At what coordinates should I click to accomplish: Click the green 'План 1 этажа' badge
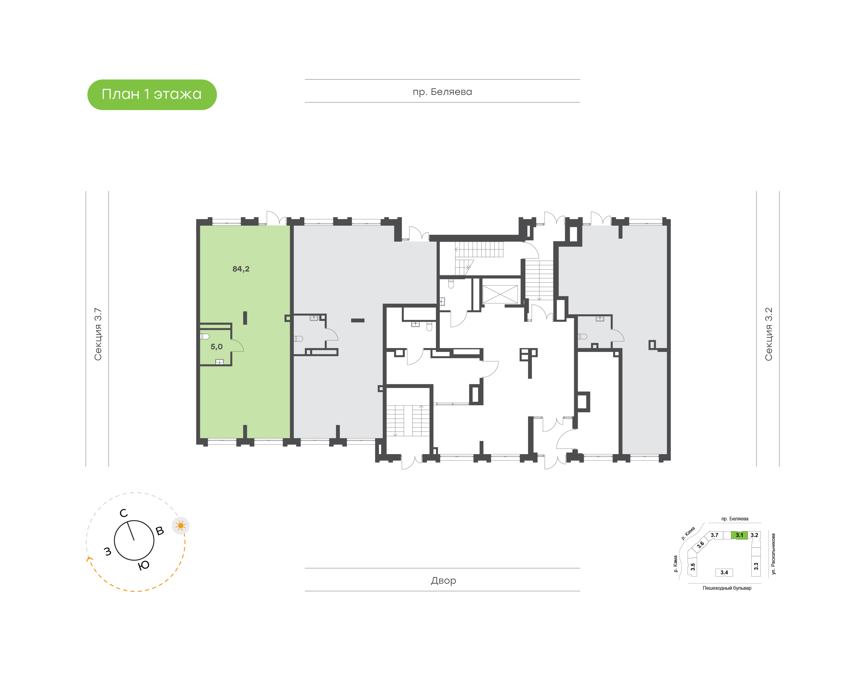pyautogui.click(x=152, y=95)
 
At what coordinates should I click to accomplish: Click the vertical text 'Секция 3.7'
pyautogui.click(x=98, y=334)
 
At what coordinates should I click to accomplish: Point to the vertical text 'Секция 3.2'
pyautogui.click(x=768, y=334)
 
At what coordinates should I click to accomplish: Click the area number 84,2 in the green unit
pyautogui.click(x=241, y=269)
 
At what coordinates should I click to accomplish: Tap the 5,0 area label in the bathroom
pyautogui.click(x=216, y=347)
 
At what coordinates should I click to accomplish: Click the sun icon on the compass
pyautogui.click(x=181, y=526)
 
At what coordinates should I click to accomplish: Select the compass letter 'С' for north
pyautogui.click(x=124, y=513)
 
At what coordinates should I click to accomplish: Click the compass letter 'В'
pyautogui.click(x=160, y=531)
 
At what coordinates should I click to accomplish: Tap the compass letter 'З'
pyautogui.click(x=107, y=551)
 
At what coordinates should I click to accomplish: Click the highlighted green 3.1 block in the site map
pyautogui.click(x=739, y=535)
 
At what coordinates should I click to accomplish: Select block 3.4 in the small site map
pyautogui.click(x=724, y=572)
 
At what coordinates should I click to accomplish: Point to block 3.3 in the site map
pyautogui.click(x=756, y=566)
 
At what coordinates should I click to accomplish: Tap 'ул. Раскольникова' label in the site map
pyautogui.click(x=773, y=554)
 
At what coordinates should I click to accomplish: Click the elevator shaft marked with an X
pyautogui.click(x=500, y=294)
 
